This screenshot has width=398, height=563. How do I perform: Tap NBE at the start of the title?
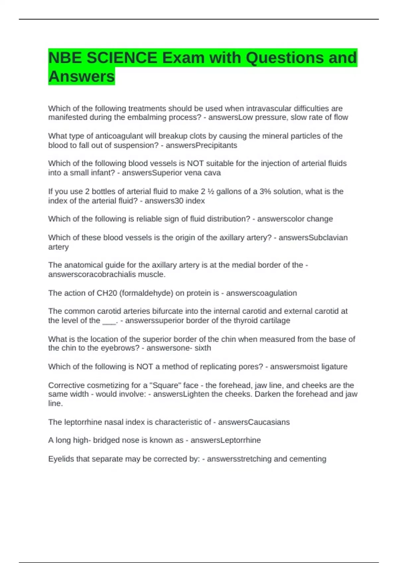[65, 58]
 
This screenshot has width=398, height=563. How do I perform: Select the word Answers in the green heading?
[82, 77]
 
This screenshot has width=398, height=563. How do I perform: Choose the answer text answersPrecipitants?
[201, 145]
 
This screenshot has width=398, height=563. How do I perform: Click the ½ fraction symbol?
[211, 191]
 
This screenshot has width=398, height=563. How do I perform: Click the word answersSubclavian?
[313, 237]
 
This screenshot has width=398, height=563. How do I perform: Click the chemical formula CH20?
[105, 293]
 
